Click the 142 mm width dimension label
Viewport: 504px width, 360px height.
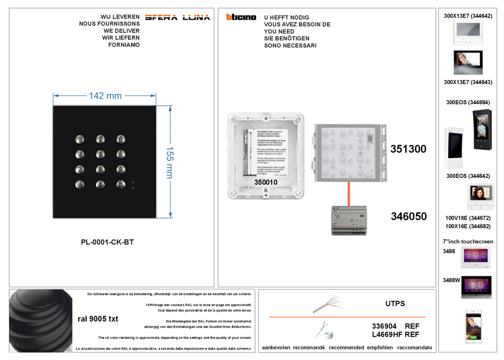pos(105,96)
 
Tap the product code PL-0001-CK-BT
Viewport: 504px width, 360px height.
pos(107,242)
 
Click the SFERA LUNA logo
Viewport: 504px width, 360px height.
pos(177,18)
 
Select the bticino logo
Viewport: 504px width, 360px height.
pos(241,17)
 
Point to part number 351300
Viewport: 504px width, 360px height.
pos(408,149)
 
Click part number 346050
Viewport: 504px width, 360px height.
pos(409,216)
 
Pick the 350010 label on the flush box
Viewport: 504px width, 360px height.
pos(266,182)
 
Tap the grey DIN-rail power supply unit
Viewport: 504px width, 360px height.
pos(349,220)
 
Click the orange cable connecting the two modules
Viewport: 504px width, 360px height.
pos(348,194)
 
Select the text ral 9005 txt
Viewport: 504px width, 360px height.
pos(98,319)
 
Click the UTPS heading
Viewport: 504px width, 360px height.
pos(395,304)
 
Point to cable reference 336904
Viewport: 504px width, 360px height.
pos(384,326)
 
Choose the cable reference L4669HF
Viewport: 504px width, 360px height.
pos(387,334)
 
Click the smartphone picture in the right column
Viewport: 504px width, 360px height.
pos(473,326)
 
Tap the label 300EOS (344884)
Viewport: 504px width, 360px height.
pos(468,102)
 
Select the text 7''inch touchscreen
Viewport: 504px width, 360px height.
pos(468,242)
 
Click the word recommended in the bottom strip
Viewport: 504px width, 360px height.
pos(346,347)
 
